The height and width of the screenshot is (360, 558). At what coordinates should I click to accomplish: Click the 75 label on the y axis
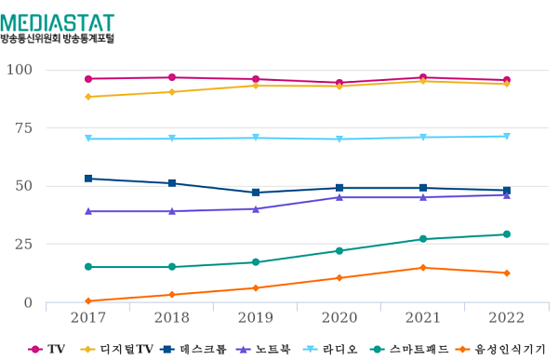point(22,127)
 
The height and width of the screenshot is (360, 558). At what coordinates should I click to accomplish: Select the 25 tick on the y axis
point(22,244)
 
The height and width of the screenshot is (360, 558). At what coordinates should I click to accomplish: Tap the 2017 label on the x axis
point(88,318)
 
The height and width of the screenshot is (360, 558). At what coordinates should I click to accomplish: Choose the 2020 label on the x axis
point(339,318)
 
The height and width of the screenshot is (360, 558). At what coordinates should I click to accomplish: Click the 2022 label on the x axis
point(507,318)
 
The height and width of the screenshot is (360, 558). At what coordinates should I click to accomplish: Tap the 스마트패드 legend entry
point(415,349)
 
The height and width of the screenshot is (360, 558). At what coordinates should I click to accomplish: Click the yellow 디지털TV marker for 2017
point(88,97)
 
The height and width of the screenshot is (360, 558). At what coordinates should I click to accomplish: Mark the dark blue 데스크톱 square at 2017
point(88,179)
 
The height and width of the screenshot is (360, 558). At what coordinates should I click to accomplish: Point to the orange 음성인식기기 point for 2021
point(423,268)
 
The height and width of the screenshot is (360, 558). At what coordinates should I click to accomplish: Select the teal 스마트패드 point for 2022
point(507,234)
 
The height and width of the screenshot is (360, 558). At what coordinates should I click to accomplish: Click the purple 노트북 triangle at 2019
point(256,209)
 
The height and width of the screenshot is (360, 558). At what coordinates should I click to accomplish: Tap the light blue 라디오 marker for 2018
point(172,139)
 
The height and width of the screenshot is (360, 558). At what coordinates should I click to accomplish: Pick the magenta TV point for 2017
point(88,79)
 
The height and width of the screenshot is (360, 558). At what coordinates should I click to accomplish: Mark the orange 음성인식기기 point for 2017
point(88,301)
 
